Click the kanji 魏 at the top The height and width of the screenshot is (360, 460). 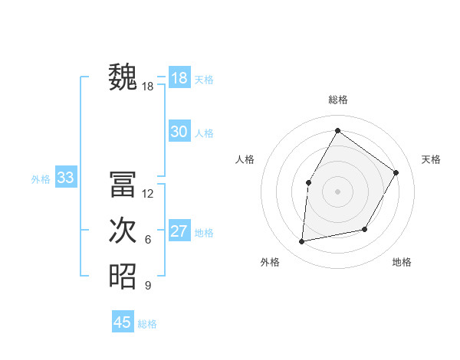pyautogui.click(x=123, y=78)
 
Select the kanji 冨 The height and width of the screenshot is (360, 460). pyautogui.click(x=123, y=185)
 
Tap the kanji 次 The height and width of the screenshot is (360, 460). pyautogui.click(x=123, y=231)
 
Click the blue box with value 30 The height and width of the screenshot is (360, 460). pyautogui.click(x=179, y=132)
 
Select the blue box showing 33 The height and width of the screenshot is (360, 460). pyautogui.click(x=65, y=178)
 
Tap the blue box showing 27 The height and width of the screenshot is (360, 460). pyautogui.click(x=179, y=231)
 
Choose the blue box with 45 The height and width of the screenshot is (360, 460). pyautogui.click(x=123, y=322)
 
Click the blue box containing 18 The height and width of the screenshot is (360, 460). pyautogui.click(x=179, y=78)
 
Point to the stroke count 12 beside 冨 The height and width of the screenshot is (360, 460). pyautogui.click(x=148, y=194)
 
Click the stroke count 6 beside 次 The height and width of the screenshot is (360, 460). pyautogui.click(x=148, y=240)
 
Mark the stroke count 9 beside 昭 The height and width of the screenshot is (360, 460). pyautogui.click(x=148, y=286)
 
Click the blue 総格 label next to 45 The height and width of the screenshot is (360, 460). pyautogui.click(x=147, y=324)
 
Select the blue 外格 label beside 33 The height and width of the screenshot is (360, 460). pyautogui.click(x=41, y=179)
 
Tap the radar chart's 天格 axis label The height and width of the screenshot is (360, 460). pyautogui.click(x=431, y=159)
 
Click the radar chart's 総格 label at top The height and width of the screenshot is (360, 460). pyautogui.click(x=337, y=100)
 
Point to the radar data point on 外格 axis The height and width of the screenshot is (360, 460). pyautogui.click(x=302, y=242)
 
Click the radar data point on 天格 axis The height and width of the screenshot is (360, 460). pyautogui.click(x=396, y=172)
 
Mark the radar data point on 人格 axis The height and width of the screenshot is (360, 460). pyautogui.click(x=309, y=182)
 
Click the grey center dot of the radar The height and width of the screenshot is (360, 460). pyautogui.click(x=337, y=191)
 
